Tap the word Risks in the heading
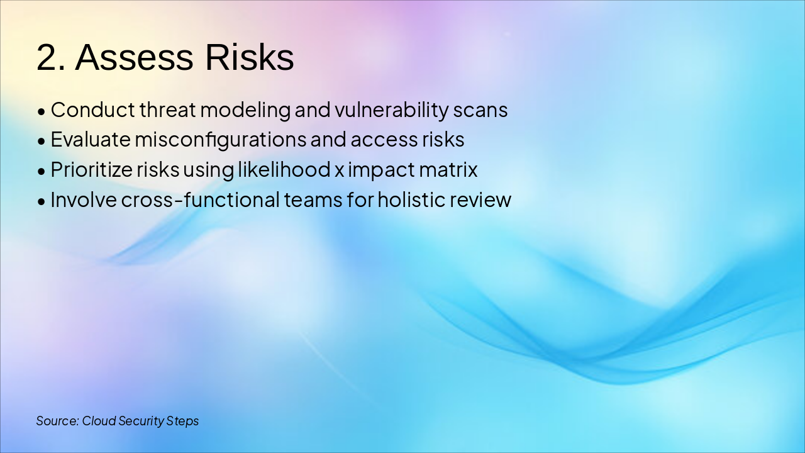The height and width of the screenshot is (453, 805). click(250, 57)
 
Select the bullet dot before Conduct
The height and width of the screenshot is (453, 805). click(42, 111)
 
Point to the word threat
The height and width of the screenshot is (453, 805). click(167, 109)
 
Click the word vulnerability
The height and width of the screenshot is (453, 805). click(391, 110)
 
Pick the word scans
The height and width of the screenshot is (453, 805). click(480, 111)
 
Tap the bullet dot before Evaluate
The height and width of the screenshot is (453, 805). click(42, 142)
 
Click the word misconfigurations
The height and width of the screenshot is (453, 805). click(221, 140)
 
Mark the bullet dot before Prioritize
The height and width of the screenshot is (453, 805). click(42, 172)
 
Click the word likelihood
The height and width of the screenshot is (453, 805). click(284, 169)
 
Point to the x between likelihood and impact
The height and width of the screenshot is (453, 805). click(339, 171)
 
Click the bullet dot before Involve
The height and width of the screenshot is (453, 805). click(42, 202)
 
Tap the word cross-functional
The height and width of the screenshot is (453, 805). click(200, 199)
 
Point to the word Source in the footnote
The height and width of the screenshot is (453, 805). click(57, 421)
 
